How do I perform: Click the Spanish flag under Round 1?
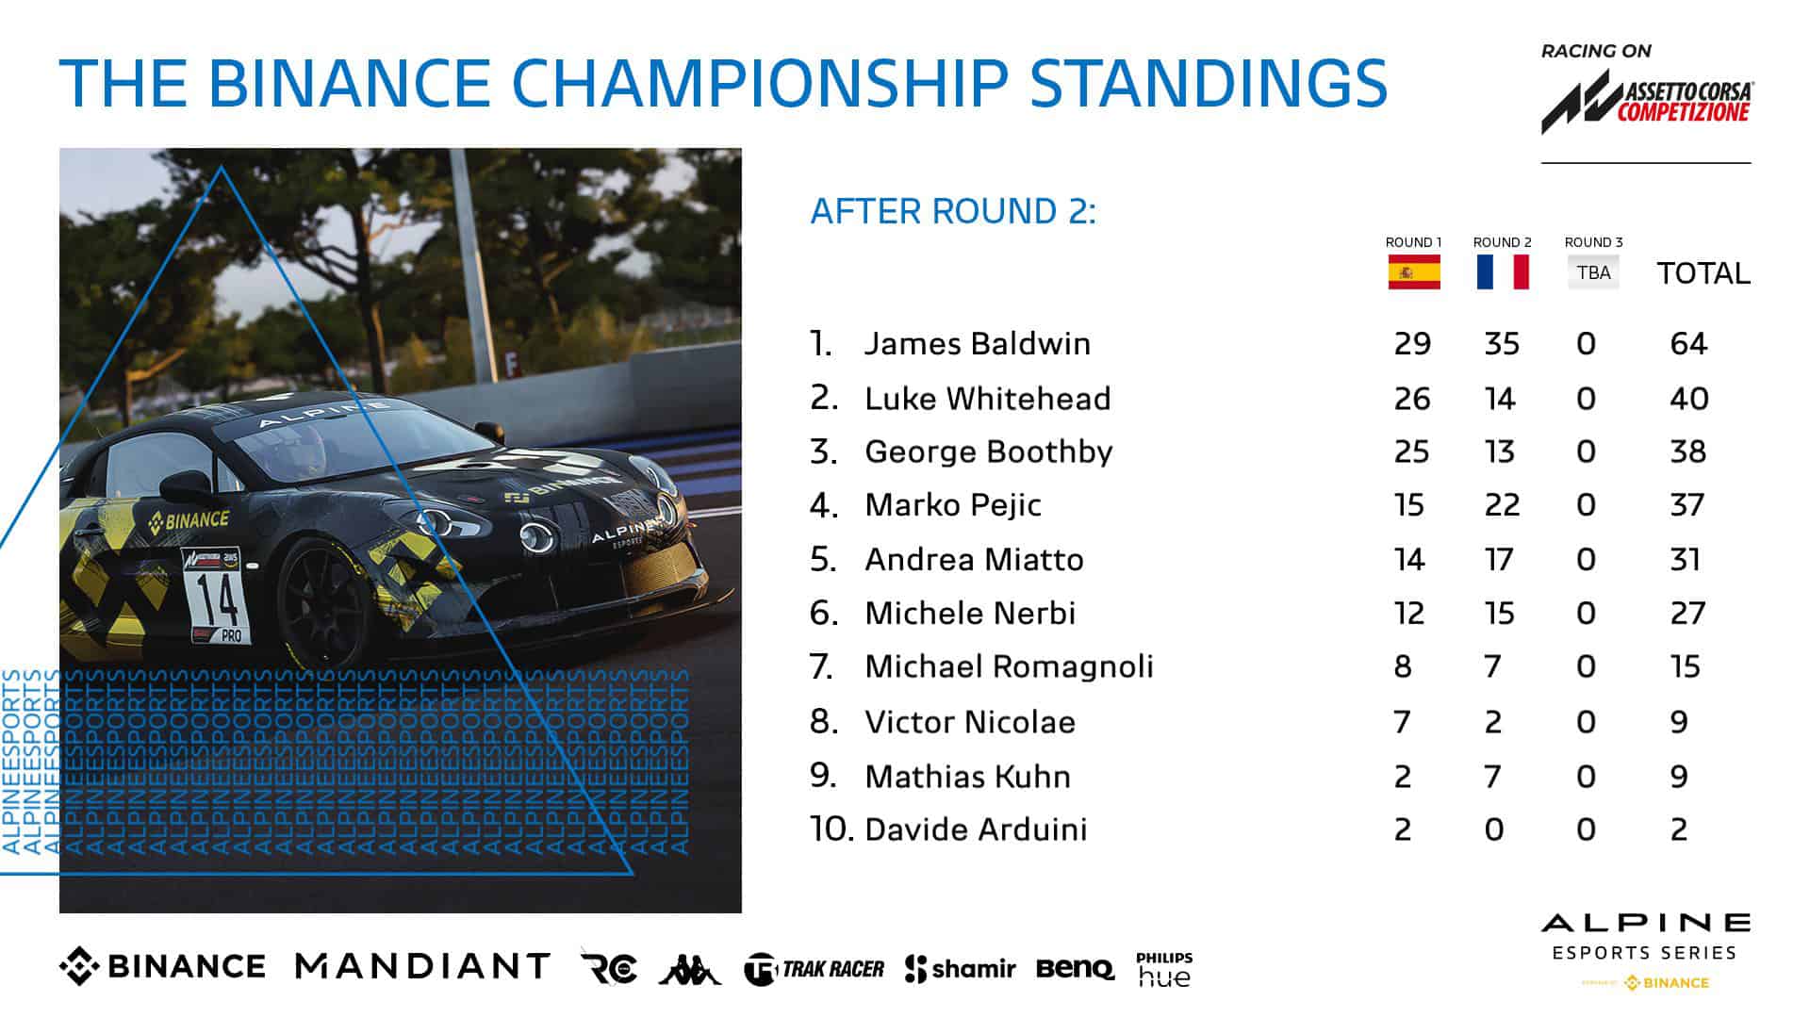click(x=1413, y=272)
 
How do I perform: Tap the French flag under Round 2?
click(x=1502, y=272)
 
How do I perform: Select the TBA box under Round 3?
click(x=1593, y=272)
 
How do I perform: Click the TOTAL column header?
click(x=1703, y=273)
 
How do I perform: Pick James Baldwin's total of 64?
click(x=1688, y=343)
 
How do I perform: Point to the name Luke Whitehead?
click(x=987, y=399)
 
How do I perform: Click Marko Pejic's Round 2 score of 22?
click(x=1502, y=505)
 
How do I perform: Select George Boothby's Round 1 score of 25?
click(x=1411, y=452)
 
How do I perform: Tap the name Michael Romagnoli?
click(x=1009, y=666)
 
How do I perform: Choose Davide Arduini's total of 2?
click(x=1679, y=829)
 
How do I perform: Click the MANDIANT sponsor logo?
click(x=422, y=966)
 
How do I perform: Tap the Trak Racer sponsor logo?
click(x=814, y=969)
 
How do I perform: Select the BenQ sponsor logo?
click(x=1075, y=968)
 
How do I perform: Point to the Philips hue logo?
click(x=1164, y=969)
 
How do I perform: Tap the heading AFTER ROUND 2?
click(x=953, y=211)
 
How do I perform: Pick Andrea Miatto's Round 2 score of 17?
click(x=1499, y=560)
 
